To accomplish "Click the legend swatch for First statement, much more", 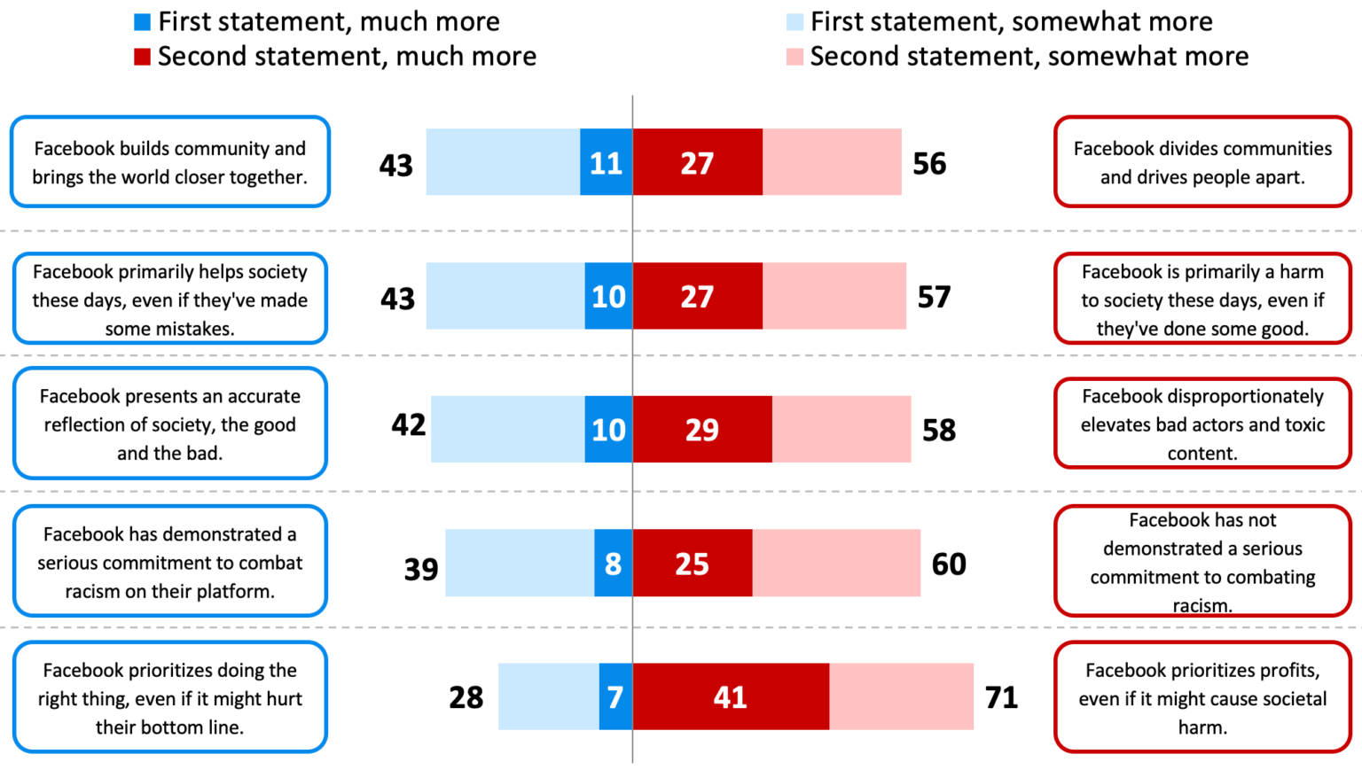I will click(x=142, y=21).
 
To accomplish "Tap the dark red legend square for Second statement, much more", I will click(x=142, y=57).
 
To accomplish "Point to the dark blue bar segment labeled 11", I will click(x=606, y=162).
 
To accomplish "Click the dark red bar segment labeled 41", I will click(x=731, y=696).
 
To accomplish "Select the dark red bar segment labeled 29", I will click(x=701, y=429).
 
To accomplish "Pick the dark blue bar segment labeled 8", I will click(x=613, y=563).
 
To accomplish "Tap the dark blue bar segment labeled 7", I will click(x=615, y=696).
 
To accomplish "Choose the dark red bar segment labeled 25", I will click(x=692, y=563).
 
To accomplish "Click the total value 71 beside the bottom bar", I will click(x=1001, y=697).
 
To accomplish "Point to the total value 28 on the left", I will click(x=466, y=697).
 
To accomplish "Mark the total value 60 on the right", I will click(x=948, y=564).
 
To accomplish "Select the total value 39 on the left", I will click(x=421, y=568).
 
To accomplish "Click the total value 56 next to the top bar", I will click(x=929, y=163).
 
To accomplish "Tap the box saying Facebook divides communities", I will click(x=1202, y=162).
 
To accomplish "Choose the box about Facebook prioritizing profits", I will click(x=1202, y=697).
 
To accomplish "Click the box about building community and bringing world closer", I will click(x=169, y=162).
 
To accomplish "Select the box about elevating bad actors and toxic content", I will click(x=1202, y=424).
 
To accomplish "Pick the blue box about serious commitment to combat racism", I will click(x=169, y=562).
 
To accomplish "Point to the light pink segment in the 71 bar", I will click(x=901, y=696).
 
